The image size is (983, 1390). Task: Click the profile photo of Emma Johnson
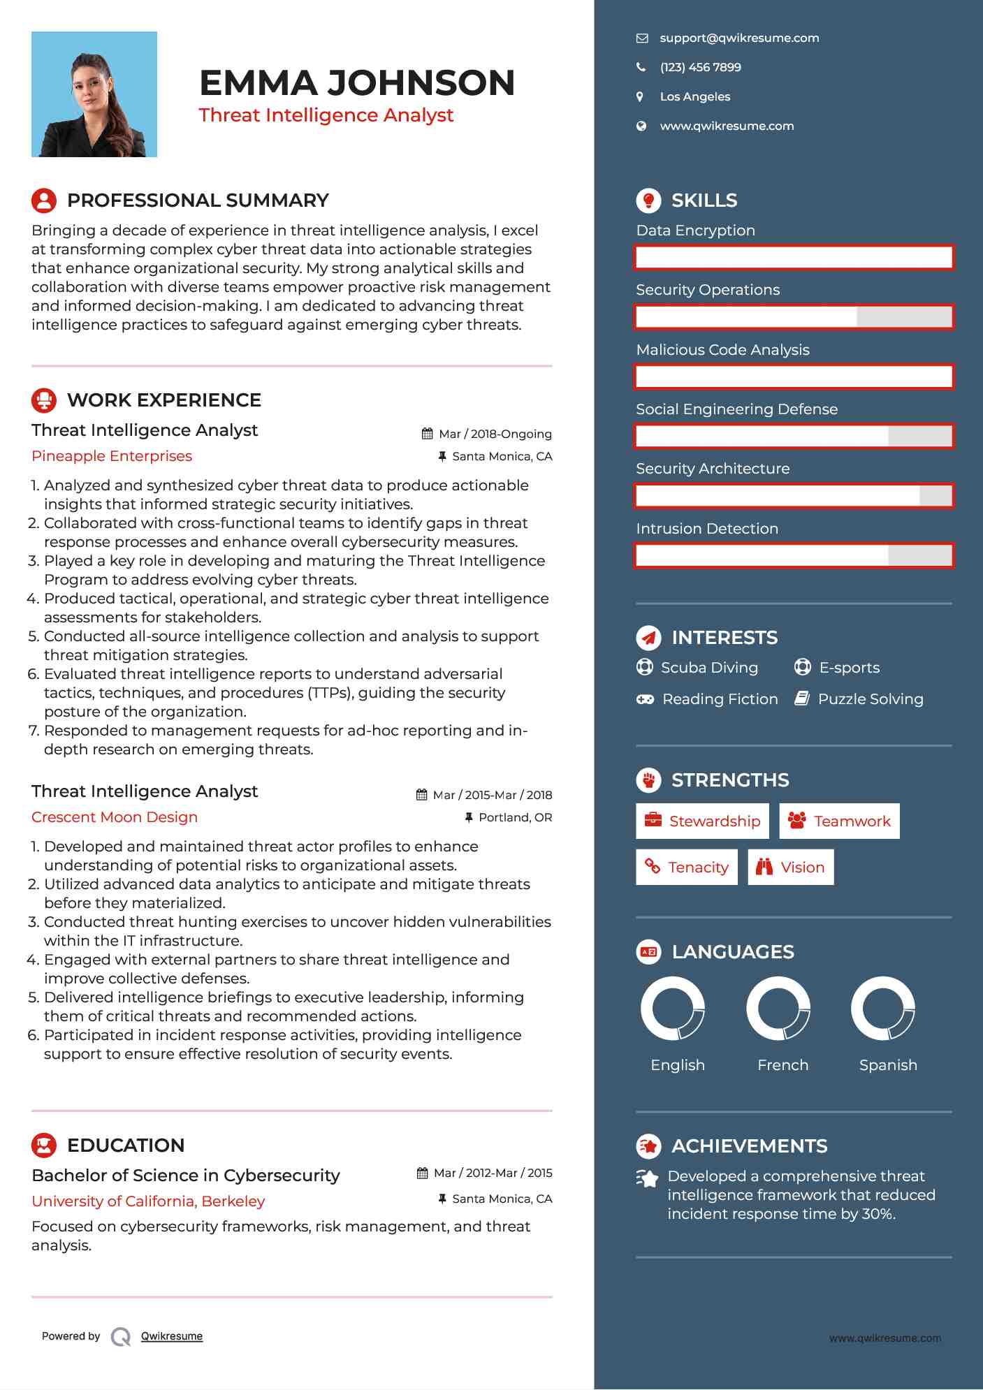94,94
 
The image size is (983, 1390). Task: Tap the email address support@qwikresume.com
739,38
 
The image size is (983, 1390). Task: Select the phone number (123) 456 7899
700,68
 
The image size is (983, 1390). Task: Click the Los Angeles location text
694,97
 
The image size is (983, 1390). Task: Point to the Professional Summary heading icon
44,200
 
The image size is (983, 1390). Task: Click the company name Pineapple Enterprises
112,456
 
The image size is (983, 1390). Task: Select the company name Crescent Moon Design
115,817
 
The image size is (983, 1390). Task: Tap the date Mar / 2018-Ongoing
495,434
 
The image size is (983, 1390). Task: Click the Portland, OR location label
515,818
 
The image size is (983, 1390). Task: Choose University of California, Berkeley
148,1201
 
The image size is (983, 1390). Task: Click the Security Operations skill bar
794,317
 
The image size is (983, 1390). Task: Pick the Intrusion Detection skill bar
794,556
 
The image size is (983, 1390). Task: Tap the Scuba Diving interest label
709,668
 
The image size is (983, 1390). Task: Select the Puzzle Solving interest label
870,699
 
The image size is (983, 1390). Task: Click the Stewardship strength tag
702,821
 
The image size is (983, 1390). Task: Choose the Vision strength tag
791,868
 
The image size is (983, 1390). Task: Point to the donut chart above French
778,1009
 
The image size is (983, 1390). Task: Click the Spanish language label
888,1065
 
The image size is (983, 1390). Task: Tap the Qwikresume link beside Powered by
172,1336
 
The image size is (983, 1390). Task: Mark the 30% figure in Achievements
878,1214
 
